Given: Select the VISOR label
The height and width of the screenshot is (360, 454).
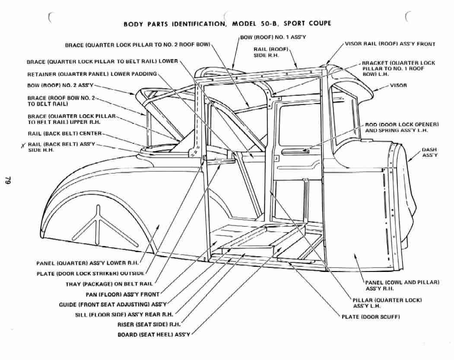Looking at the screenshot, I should coord(398,85).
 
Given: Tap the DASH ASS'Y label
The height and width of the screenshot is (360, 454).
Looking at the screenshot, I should coord(429,152).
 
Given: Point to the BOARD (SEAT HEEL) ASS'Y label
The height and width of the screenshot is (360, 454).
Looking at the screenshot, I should coord(154,335).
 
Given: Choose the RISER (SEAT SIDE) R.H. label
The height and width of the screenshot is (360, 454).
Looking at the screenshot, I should coord(149,325).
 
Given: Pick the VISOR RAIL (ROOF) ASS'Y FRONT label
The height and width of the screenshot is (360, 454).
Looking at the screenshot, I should coord(390,44).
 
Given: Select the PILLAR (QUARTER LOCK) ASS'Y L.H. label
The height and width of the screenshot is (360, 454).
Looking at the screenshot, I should coord(387,303).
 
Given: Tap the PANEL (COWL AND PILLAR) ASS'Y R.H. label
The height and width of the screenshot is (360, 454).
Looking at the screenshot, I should coord(402,285).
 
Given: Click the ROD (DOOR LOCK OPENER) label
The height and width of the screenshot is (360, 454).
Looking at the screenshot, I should coord(402,127).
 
